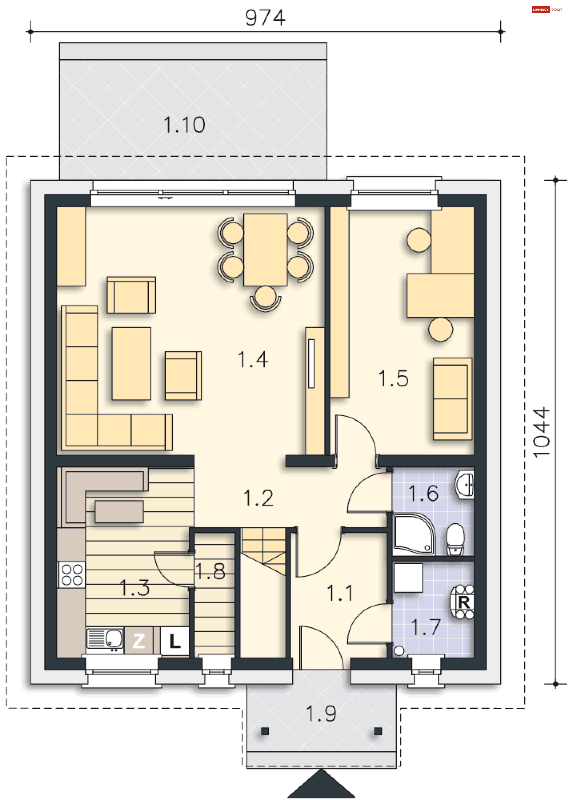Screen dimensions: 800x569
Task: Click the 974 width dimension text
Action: pos(265,18)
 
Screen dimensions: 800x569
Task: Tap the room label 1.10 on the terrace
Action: pos(184,125)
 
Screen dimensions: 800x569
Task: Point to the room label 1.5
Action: pos(393,379)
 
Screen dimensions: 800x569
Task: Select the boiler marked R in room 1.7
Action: pos(463,602)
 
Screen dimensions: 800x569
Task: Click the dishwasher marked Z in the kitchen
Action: pos(138,641)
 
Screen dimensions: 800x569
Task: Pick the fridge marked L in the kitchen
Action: pos(175,641)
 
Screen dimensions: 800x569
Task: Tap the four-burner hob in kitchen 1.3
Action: pos(72,575)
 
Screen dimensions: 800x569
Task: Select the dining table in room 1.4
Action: pos(265,250)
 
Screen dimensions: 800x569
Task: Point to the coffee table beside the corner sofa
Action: pos(131,363)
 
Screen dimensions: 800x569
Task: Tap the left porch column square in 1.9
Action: pos(265,731)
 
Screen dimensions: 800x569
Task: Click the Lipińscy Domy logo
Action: pos(546,9)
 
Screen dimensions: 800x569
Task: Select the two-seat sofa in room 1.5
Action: pos(452,399)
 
